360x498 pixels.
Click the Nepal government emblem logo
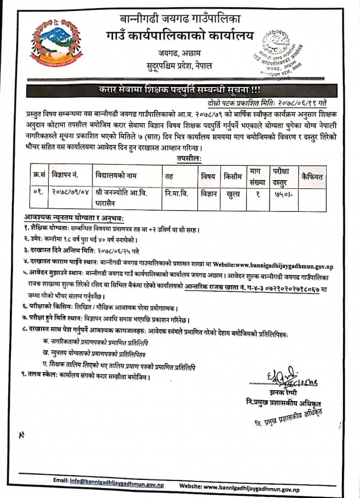(x=53, y=44)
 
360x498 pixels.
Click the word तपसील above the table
(x=188, y=158)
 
